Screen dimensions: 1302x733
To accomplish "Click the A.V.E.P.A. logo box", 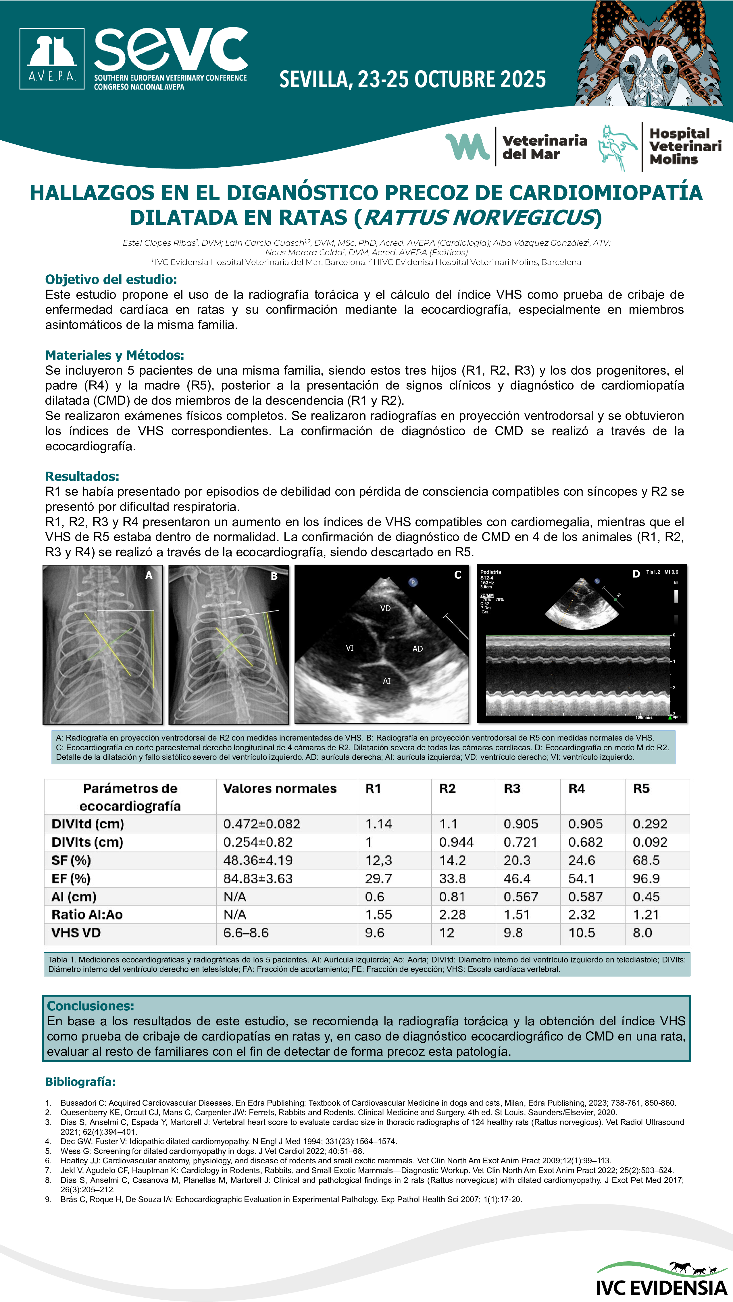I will (x=52, y=59).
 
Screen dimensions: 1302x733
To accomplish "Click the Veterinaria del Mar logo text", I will (x=544, y=147).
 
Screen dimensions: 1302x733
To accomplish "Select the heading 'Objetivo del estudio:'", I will (x=111, y=280).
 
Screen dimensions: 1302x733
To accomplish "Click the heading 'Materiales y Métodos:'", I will (x=114, y=355).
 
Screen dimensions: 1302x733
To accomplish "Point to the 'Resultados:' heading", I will (x=82, y=476).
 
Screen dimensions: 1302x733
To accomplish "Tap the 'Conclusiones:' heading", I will (x=91, y=1006).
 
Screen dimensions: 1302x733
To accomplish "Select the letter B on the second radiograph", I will (x=274, y=576).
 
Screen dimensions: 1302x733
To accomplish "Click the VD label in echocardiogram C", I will (x=385, y=609).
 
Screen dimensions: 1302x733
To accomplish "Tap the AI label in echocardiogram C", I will (x=386, y=681).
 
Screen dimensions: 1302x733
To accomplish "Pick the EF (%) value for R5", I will (x=646, y=878).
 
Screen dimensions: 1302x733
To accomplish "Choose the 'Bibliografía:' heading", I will (x=80, y=1082).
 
